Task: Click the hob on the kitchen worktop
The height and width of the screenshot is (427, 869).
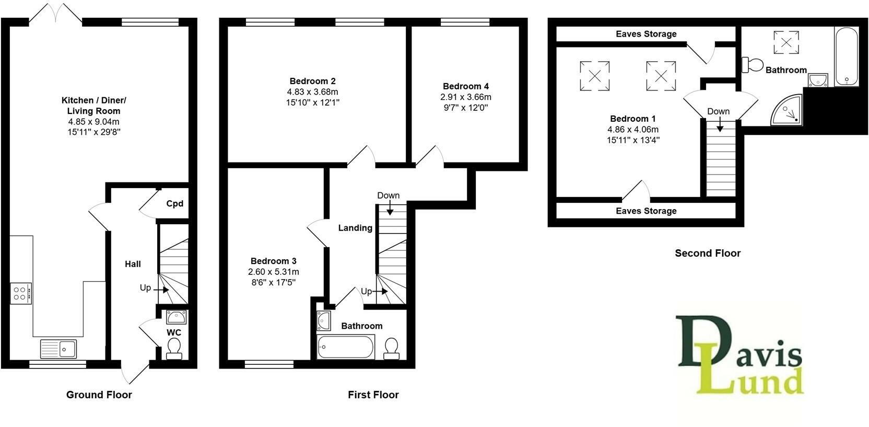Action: (21, 293)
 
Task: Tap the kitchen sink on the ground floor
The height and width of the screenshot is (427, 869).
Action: (58, 348)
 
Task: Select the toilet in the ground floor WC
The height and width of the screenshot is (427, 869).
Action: (174, 349)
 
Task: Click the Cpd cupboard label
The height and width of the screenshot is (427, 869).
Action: (174, 204)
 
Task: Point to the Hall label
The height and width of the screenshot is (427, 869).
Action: (133, 264)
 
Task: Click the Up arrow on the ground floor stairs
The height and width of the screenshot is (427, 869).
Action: (161, 288)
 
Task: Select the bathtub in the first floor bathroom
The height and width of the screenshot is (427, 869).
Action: (345, 347)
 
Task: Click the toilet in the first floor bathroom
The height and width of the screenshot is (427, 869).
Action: (391, 348)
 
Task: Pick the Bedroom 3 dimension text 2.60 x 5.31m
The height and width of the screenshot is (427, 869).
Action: (273, 272)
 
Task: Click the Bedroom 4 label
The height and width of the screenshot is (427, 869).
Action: (465, 86)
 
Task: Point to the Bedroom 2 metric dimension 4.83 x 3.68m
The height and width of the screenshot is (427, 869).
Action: (312, 91)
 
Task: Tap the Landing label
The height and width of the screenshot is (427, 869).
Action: (355, 228)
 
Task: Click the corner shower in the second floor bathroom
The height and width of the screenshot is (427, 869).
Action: (788, 110)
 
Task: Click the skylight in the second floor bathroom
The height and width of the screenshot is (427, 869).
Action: (786, 42)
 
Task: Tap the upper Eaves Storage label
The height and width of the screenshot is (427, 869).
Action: (646, 34)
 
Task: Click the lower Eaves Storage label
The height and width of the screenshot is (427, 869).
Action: (646, 211)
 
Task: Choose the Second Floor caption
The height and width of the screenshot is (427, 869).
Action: (708, 253)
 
